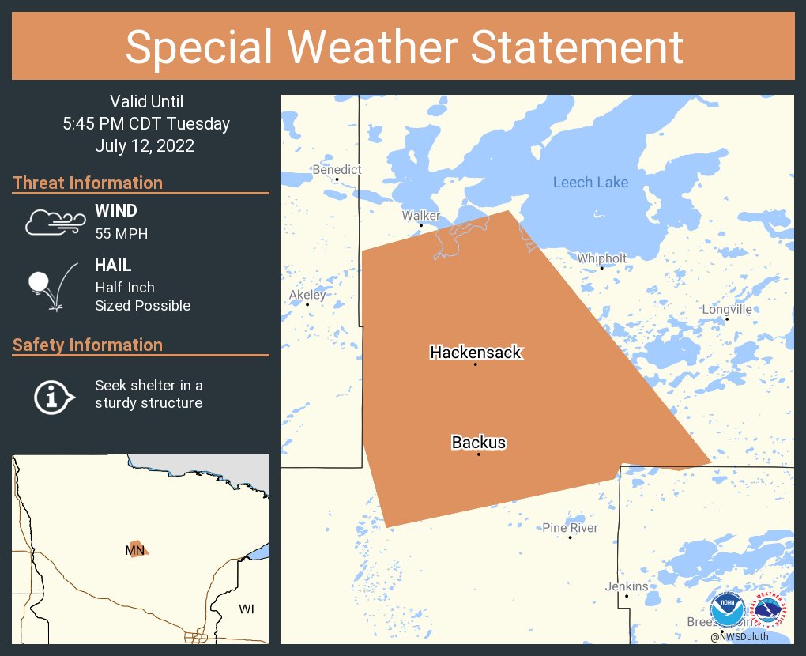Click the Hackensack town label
click(x=476, y=353)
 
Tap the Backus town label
click(x=479, y=443)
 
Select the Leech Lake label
click(x=590, y=183)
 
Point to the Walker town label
click(x=420, y=216)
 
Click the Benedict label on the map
click(x=337, y=170)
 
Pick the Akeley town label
click(x=307, y=295)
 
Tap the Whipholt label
click(x=601, y=258)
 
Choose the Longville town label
click(x=727, y=310)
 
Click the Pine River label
click(x=570, y=528)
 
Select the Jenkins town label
click(x=627, y=586)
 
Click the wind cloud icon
click(x=54, y=223)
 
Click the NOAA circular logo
click(x=727, y=610)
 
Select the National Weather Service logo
click(x=769, y=610)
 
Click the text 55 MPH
click(x=121, y=234)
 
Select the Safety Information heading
click(x=88, y=345)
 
